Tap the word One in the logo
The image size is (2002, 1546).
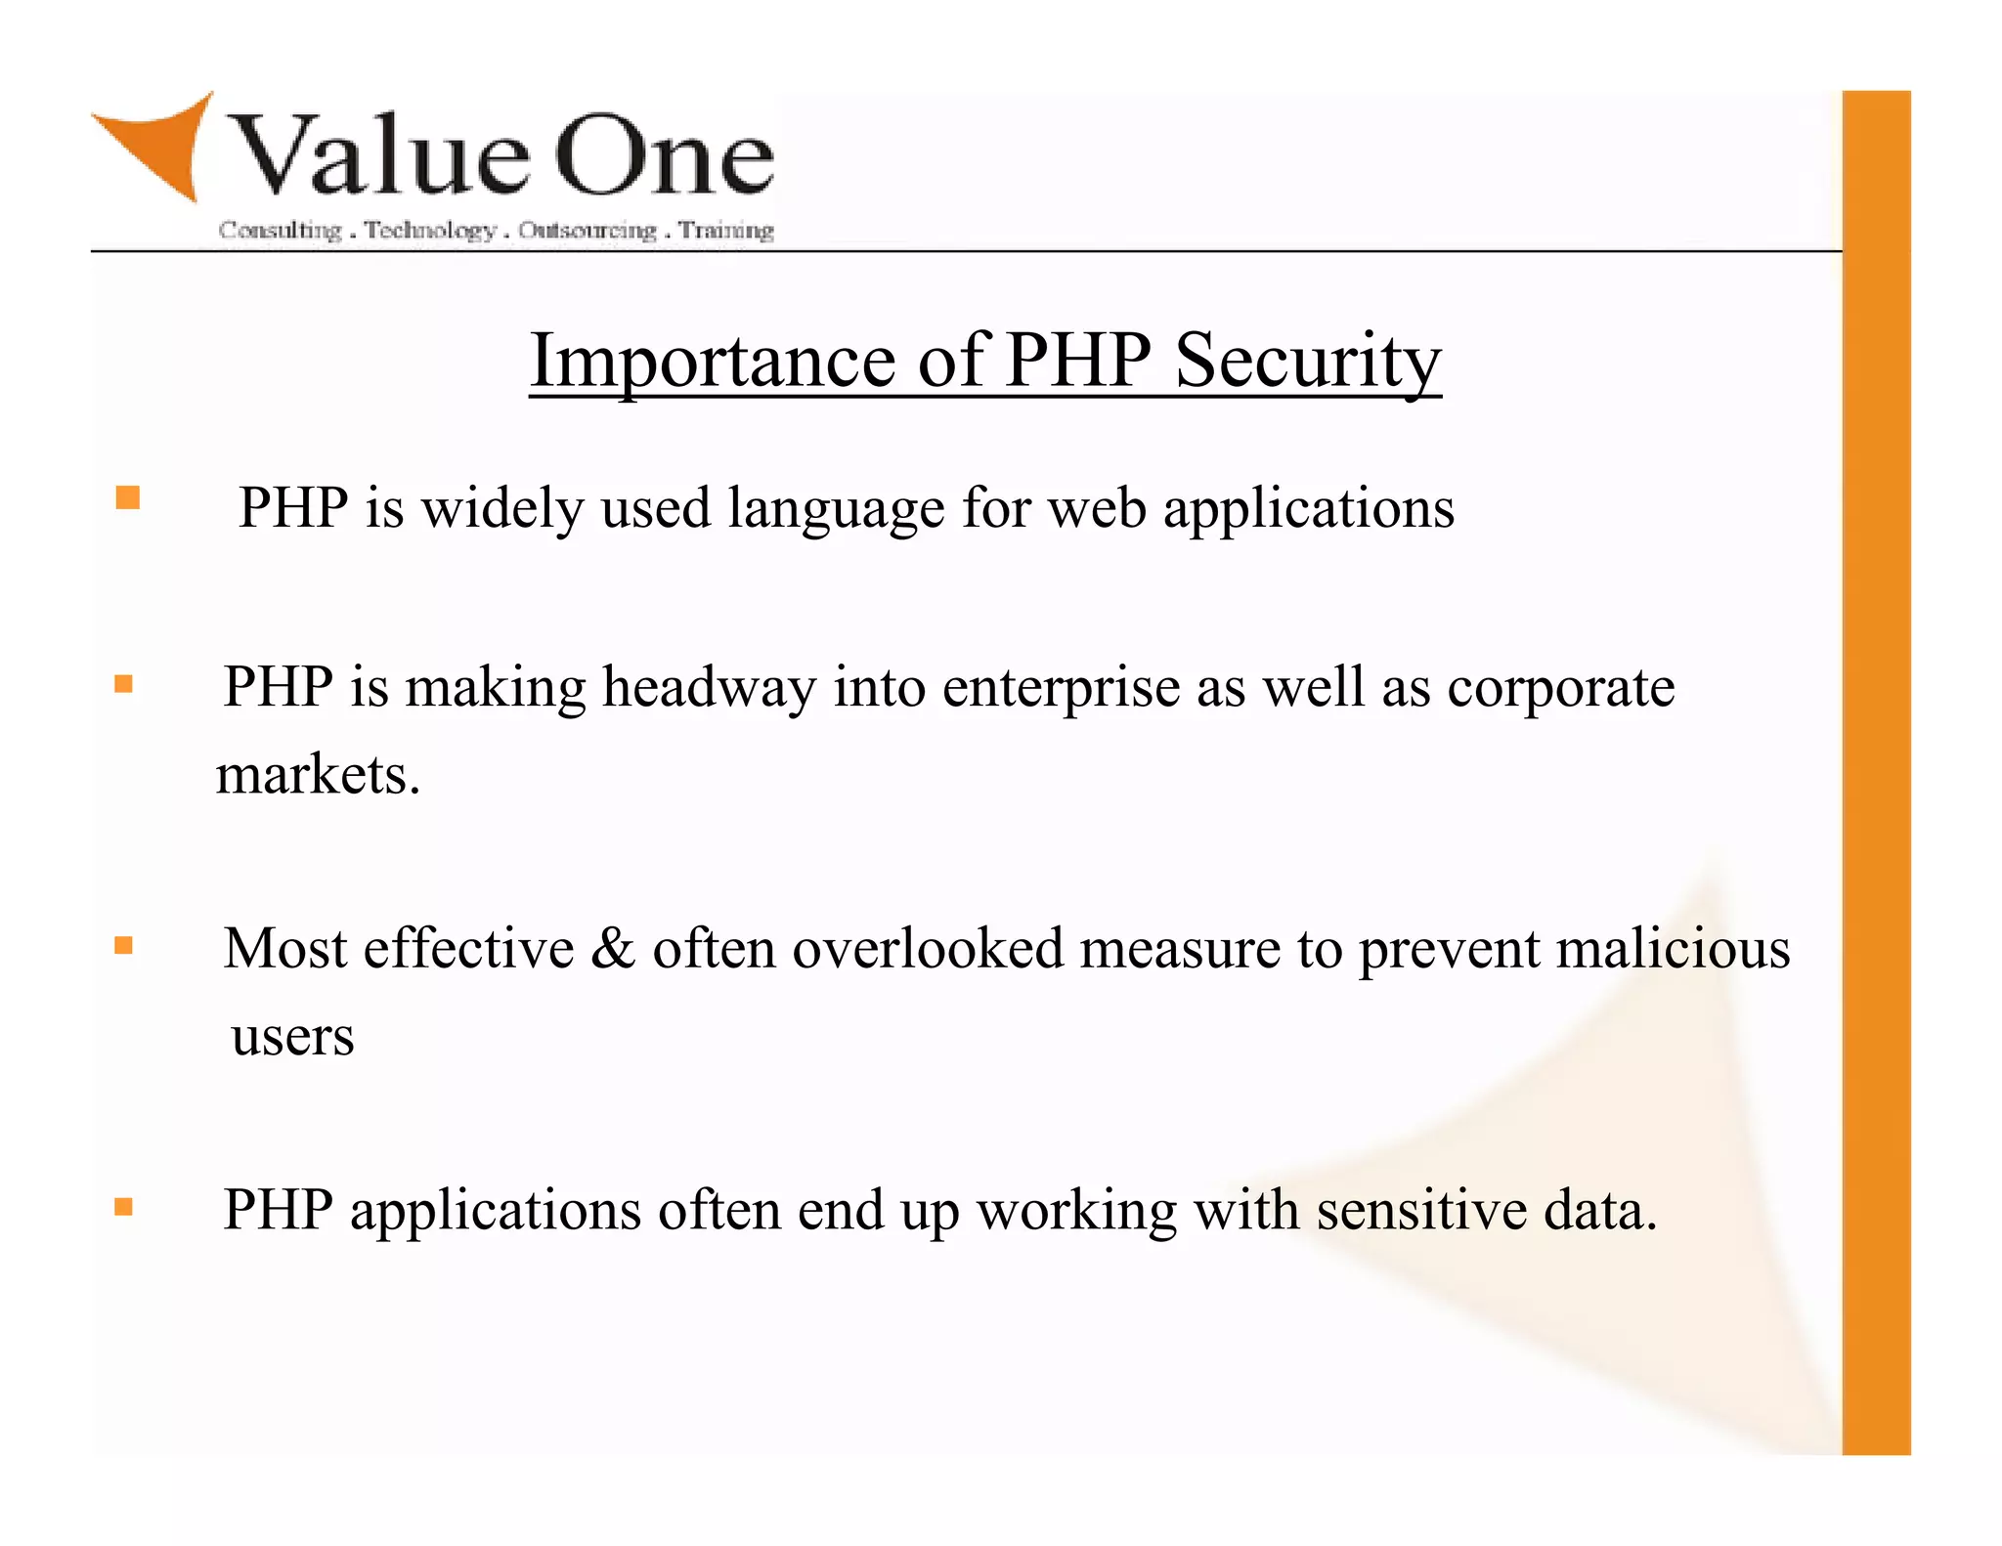pos(665,156)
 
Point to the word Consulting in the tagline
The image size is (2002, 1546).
pos(280,231)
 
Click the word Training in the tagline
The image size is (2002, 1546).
pos(726,231)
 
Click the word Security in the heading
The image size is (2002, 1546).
pos(1307,361)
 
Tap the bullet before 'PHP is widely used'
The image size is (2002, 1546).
pos(128,498)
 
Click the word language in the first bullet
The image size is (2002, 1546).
pos(836,509)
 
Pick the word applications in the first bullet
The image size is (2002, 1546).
pos(1308,509)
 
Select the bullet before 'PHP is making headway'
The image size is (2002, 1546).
pos(123,684)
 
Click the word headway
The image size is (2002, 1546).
pos(709,687)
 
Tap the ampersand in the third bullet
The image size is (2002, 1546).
pos(613,948)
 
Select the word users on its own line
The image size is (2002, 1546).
pos(292,1036)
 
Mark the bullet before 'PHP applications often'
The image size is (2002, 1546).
pos(123,1207)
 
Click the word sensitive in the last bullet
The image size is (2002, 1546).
pos(1421,1210)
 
